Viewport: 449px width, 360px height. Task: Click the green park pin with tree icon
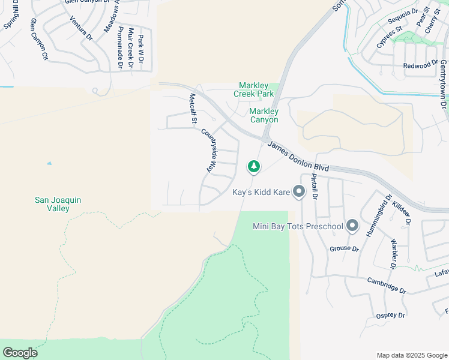(x=254, y=166)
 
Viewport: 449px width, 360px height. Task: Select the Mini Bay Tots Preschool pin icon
(x=352, y=226)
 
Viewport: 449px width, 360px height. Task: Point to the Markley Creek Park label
(x=256, y=89)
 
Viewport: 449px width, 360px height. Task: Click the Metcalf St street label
(x=193, y=108)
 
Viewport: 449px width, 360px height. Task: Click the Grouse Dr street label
(x=344, y=248)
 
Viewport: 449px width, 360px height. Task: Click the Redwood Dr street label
(x=421, y=65)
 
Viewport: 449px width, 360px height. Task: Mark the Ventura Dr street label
(x=81, y=28)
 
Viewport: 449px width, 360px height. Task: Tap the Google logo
(x=20, y=352)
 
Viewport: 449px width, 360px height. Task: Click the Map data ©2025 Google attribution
(x=411, y=355)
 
